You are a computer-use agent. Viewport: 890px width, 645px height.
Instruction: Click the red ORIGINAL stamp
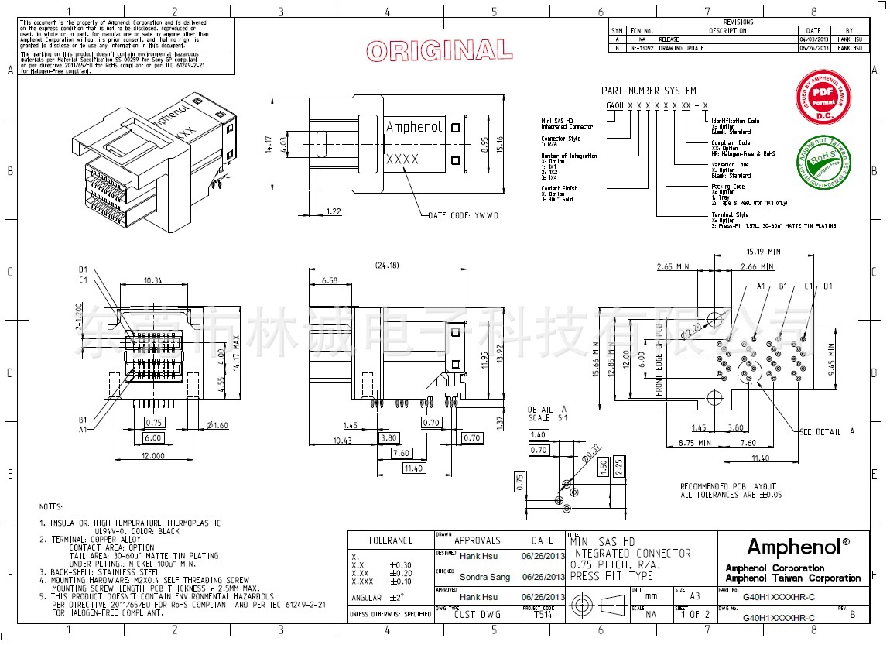439,51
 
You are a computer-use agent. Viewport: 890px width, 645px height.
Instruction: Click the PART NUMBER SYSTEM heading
649,91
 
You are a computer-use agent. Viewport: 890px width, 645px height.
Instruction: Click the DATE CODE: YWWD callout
463,215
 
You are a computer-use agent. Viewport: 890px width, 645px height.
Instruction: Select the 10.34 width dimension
153,280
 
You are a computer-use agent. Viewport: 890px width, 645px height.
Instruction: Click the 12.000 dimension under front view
153,456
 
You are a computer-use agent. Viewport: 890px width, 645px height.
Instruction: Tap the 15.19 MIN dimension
763,251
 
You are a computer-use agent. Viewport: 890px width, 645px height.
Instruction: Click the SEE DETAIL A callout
827,431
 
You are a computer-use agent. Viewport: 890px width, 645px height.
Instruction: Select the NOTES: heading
52,506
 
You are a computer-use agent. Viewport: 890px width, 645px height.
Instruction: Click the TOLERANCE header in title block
390,540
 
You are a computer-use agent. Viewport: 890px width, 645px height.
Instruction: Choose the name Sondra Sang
485,577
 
